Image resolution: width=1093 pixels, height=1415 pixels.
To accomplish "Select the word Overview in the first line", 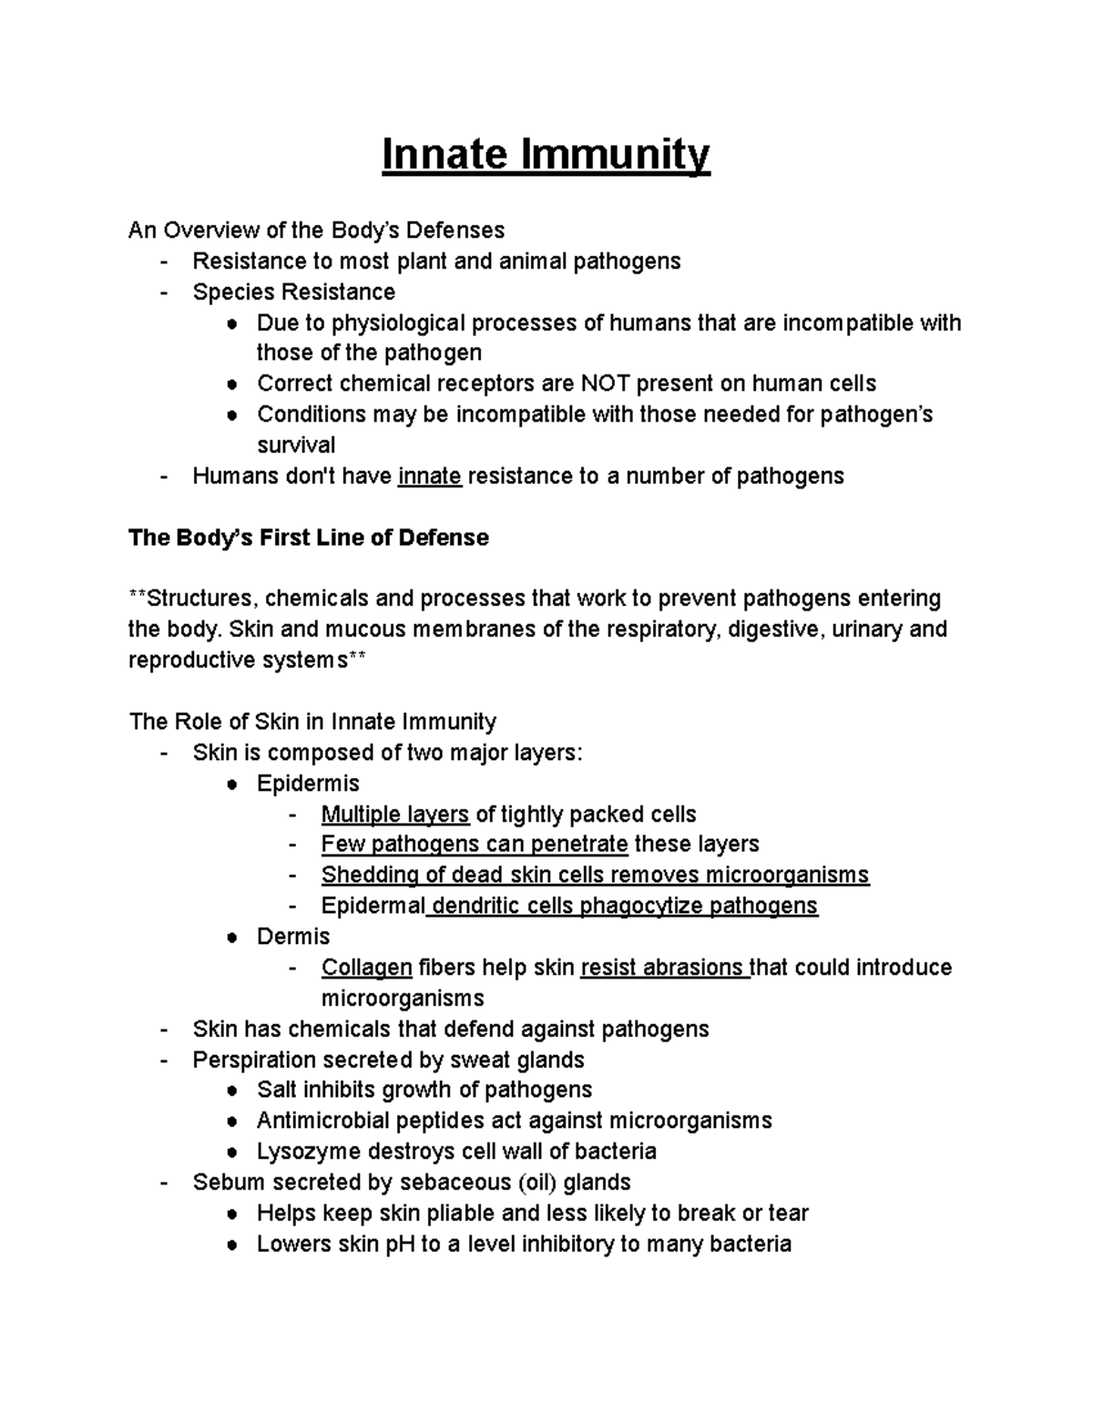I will [209, 231].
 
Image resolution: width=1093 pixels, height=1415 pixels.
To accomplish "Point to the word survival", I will [296, 446].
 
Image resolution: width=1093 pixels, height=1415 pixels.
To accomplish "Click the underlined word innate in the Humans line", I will [430, 477].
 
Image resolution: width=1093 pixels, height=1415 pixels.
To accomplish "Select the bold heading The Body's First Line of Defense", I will [309, 538].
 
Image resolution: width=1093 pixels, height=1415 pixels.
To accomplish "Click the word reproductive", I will [189, 661].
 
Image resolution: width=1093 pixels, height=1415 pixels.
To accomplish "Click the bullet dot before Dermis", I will [233, 938].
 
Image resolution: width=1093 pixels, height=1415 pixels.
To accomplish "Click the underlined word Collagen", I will [367, 968].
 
